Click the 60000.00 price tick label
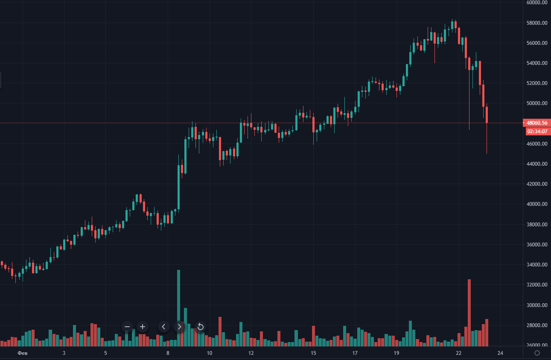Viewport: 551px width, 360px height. coord(537,3)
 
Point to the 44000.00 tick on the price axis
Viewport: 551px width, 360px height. coord(537,164)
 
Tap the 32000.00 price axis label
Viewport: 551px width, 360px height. coord(537,285)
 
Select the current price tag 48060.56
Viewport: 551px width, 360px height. coord(537,123)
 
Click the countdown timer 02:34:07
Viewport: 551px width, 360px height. coord(537,131)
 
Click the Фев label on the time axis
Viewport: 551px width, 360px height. coord(23,353)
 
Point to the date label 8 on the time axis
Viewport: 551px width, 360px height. coord(168,353)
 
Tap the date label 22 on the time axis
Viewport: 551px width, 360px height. coord(459,353)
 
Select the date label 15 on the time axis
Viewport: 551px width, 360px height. coord(313,353)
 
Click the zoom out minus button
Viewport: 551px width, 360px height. coord(127,327)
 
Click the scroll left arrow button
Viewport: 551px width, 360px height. coord(164,327)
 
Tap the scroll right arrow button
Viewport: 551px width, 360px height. coord(180,327)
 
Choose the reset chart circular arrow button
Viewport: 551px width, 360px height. coord(201,327)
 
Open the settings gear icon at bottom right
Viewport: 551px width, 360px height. coord(537,353)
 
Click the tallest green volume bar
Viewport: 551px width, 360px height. coord(178,307)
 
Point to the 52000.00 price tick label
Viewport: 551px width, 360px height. coord(537,83)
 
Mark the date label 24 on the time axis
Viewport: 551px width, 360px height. coord(501,353)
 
